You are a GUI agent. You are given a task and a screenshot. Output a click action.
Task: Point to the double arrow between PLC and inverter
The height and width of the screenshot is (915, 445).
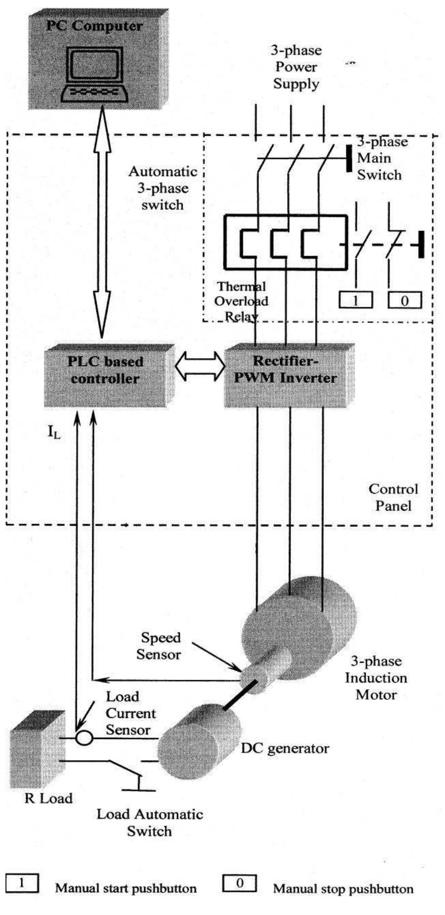(x=200, y=367)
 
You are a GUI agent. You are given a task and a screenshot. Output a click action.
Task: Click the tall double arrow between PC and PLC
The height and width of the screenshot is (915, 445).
(x=102, y=222)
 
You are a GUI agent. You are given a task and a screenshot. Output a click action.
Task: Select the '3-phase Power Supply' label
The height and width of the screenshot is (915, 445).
(x=296, y=67)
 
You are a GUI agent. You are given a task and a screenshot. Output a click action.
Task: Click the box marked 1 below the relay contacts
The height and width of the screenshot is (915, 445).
(x=356, y=300)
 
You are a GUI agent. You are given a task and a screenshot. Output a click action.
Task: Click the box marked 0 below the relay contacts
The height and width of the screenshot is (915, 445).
(x=405, y=300)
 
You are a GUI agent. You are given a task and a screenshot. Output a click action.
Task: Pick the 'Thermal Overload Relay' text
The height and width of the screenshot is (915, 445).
(x=241, y=301)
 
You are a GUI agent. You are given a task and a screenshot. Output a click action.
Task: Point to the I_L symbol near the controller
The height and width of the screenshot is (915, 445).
(x=54, y=433)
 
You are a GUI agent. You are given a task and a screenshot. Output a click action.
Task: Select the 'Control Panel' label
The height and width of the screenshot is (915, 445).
(x=393, y=497)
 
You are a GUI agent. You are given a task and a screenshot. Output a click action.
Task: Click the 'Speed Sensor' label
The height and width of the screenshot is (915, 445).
(x=159, y=646)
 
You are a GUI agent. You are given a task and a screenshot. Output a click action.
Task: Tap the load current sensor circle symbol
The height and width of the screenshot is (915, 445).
(x=84, y=738)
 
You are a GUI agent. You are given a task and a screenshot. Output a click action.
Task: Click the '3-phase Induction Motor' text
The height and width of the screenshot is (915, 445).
(x=376, y=678)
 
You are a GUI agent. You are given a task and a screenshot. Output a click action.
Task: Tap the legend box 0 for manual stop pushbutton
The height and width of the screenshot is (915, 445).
(x=239, y=883)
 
